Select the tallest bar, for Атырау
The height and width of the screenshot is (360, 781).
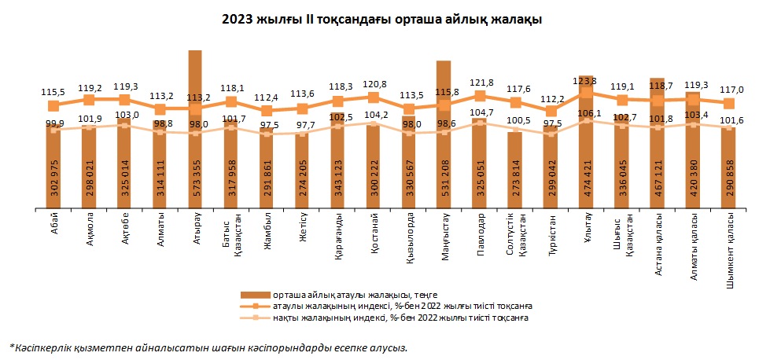(195, 157)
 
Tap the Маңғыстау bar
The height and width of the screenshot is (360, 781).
(444, 157)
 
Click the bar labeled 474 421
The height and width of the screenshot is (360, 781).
(586, 157)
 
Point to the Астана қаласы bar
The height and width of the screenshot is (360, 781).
(658, 157)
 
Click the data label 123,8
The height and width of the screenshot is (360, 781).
(585, 80)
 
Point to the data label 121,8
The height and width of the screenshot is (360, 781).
(480, 83)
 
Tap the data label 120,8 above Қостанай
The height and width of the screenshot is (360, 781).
(374, 83)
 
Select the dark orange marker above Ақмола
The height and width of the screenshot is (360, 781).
(89, 99)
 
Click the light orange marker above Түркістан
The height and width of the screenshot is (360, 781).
(551, 134)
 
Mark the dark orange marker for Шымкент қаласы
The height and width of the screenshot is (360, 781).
(728, 103)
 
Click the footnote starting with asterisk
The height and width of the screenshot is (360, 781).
(208, 346)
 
